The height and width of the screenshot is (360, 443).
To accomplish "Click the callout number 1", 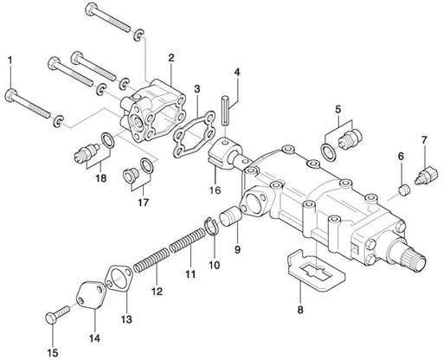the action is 10,61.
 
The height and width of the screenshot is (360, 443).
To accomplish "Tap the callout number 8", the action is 300,310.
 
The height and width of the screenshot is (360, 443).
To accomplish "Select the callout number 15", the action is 53,352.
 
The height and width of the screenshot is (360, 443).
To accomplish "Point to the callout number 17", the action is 143,202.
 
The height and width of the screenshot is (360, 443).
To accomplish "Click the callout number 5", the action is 338,109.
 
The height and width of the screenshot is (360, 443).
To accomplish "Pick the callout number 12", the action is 157,292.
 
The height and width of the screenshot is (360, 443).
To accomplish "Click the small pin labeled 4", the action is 226,112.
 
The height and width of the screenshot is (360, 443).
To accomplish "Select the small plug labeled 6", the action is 404,190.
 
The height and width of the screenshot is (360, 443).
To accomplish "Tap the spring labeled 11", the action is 188,240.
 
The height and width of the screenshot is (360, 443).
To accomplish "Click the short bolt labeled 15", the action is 58,314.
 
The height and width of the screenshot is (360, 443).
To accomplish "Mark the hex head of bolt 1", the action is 11,95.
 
